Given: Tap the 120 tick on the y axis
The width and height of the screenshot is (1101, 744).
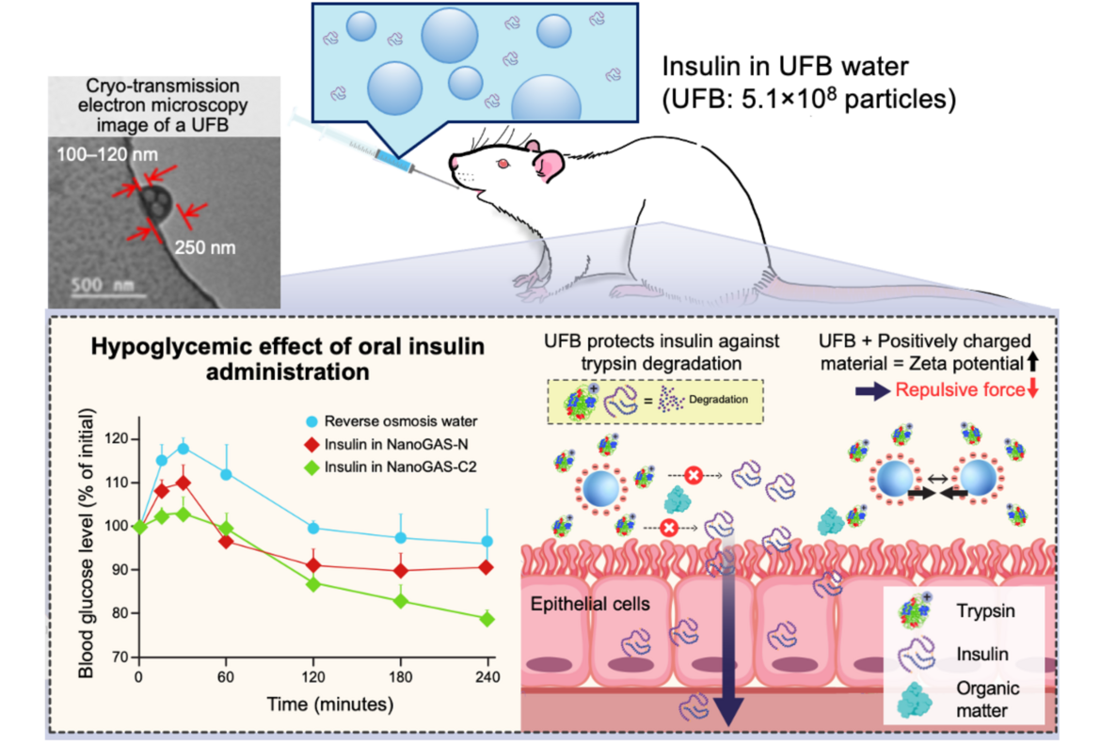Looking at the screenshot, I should pos(118,439).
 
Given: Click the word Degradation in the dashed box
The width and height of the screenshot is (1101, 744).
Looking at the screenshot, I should pos(720,399).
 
